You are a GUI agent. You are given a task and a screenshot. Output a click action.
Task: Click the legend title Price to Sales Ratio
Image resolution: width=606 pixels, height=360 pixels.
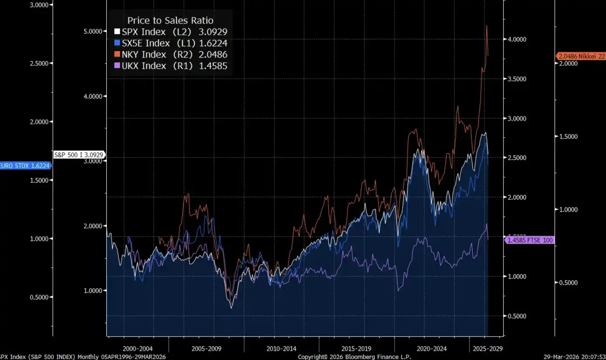click(x=170, y=20)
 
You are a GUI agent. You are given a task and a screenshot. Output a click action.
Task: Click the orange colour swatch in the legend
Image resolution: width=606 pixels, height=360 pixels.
click(x=117, y=54)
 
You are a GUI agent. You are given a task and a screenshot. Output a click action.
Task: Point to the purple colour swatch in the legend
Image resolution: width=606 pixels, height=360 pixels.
click(x=117, y=66)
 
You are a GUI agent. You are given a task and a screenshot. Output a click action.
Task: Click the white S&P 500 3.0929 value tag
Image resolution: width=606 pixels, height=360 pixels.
click(x=79, y=155)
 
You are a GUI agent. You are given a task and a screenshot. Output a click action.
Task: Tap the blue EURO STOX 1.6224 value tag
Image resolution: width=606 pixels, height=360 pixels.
click(x=25, y=166)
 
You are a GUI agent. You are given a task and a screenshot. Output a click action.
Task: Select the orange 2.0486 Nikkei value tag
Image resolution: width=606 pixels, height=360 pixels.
click(x=582, y=56)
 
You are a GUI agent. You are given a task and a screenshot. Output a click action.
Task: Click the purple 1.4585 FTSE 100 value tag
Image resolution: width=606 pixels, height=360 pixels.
click(x=529, y=240)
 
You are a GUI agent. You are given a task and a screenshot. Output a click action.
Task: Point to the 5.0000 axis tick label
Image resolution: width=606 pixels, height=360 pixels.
click(x=95, y=31)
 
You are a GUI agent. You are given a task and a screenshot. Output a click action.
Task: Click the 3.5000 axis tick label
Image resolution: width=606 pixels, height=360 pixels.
click(x=515, y=79)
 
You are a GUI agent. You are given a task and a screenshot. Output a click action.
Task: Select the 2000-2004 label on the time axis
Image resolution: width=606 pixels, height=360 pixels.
click(x=138, y=349)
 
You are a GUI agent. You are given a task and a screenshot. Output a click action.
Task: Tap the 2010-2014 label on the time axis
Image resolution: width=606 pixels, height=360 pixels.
click(x=281, y=349)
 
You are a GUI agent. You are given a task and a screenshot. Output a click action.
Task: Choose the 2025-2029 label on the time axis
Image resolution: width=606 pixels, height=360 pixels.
click(x=485, y=349)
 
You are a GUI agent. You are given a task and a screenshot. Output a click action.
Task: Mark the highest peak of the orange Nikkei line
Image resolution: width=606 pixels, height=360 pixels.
click(x=486, y=26)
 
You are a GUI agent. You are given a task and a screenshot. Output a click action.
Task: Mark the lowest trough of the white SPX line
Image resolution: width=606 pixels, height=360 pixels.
click(x=231, y=308)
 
